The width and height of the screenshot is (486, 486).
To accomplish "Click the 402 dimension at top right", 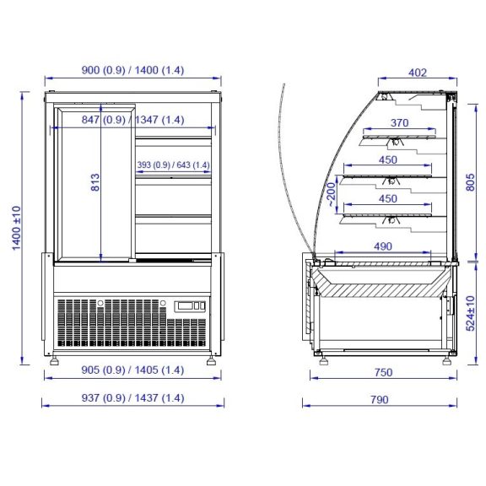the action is (418, 73).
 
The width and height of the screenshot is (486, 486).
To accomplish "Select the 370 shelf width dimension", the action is (400, 123).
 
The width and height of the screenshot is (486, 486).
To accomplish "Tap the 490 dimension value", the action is (383, 246).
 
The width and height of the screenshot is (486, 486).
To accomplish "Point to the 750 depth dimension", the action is (383, 372).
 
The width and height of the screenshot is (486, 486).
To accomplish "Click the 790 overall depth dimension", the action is (380, 400).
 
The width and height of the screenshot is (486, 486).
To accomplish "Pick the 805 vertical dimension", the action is (470, 182).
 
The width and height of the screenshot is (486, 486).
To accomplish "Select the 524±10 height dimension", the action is (470, 313).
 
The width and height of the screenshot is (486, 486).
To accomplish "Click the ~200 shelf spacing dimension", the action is (332, 194).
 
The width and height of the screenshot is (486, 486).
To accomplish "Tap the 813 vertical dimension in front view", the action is (95, 182).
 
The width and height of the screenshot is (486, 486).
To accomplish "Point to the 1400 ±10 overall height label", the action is (16, 228).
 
